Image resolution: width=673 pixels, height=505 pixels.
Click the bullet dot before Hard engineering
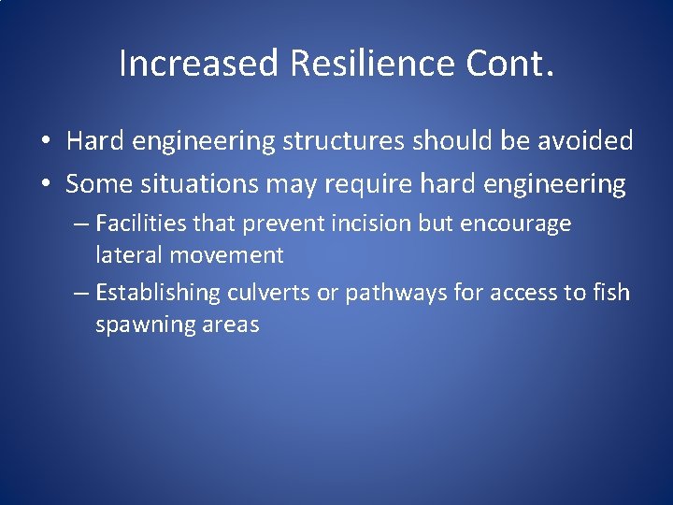click(x=45, y=142)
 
